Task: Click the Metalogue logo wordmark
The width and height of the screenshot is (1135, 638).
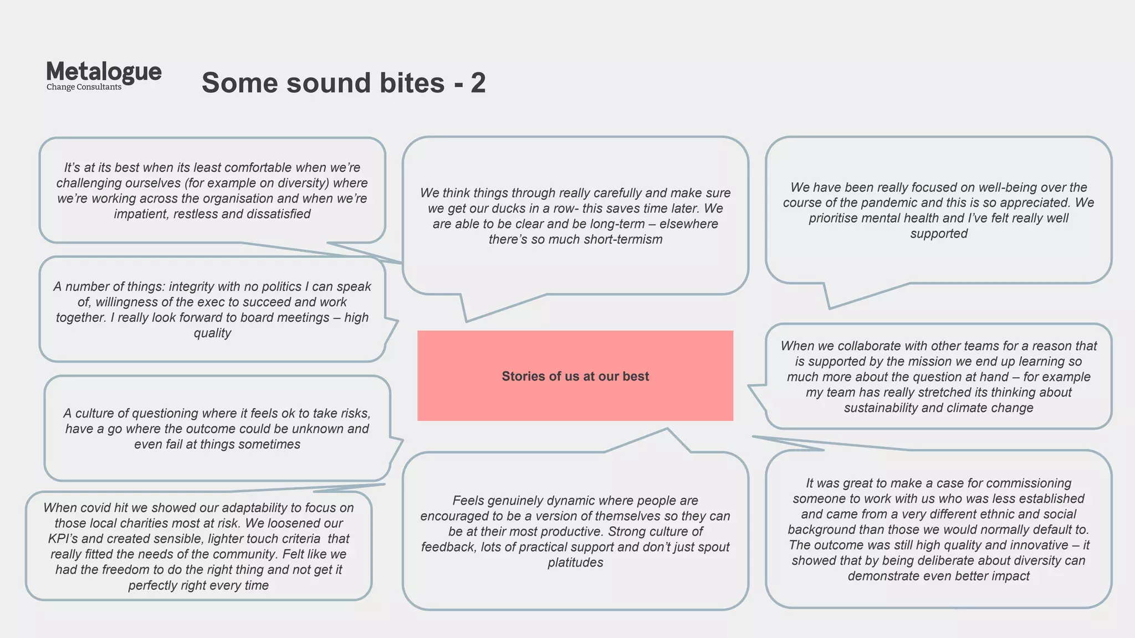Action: [x=104, y=72]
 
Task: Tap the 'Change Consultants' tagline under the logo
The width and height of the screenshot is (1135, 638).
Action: [x=84, y=87]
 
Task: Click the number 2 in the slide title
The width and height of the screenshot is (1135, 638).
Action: [x=478, y=83]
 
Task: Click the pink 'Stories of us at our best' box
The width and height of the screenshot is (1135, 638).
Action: [x=575, y=376]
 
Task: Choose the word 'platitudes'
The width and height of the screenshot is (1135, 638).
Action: [x=575, y=563]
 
